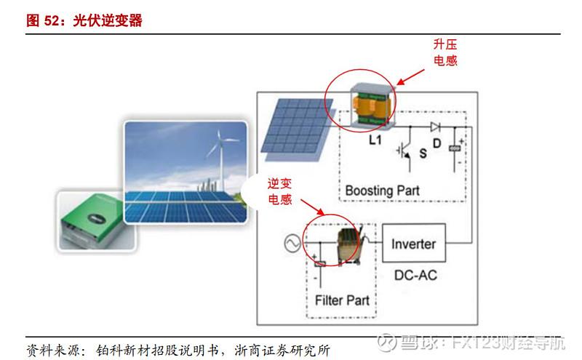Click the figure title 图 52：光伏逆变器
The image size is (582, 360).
[x=84, y=20]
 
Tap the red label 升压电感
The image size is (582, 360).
[x=445, y=53]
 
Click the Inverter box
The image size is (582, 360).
[x=413, y=244]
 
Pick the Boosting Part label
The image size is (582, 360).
[x=382, y=191]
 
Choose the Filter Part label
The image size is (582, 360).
[x=342, y=300]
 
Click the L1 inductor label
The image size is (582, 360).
[x=375, y=140]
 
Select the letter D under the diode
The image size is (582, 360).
[x=436, y=143]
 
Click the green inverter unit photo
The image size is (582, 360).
[x=87, y=218]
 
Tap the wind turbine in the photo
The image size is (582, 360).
[x=215, y=149]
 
